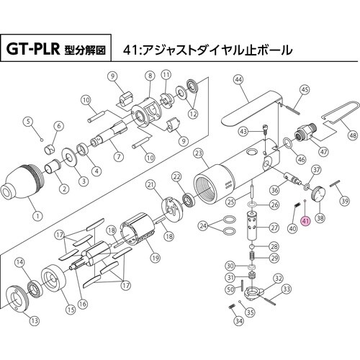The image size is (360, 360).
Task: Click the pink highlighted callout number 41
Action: coord(305,222)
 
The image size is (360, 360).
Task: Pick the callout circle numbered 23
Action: coord(199,153)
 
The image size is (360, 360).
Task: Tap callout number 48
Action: coord(352,135)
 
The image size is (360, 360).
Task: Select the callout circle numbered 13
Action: coord(34,320)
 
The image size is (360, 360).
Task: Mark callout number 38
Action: coord(320,218)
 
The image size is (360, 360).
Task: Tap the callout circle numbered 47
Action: coord(323,152)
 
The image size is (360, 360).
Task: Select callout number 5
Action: coord(28,122)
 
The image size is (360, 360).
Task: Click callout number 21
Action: coord(151,184)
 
